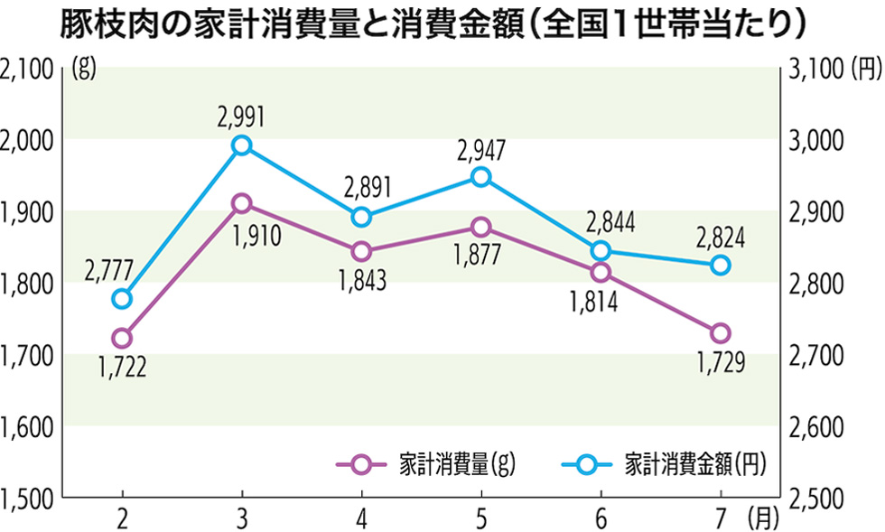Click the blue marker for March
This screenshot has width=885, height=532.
click(241, 145)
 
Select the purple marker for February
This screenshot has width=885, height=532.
click(122, 338)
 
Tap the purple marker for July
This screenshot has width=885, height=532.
click(720, 333)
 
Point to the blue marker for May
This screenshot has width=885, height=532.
click(480, 177)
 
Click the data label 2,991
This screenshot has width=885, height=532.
click(241, 116)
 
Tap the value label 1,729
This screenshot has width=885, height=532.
click(720, 364)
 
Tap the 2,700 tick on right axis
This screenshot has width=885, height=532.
click(819, 355)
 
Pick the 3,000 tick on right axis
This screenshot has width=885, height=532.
click(819, 140)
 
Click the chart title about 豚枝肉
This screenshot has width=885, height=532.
click(433, 24)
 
